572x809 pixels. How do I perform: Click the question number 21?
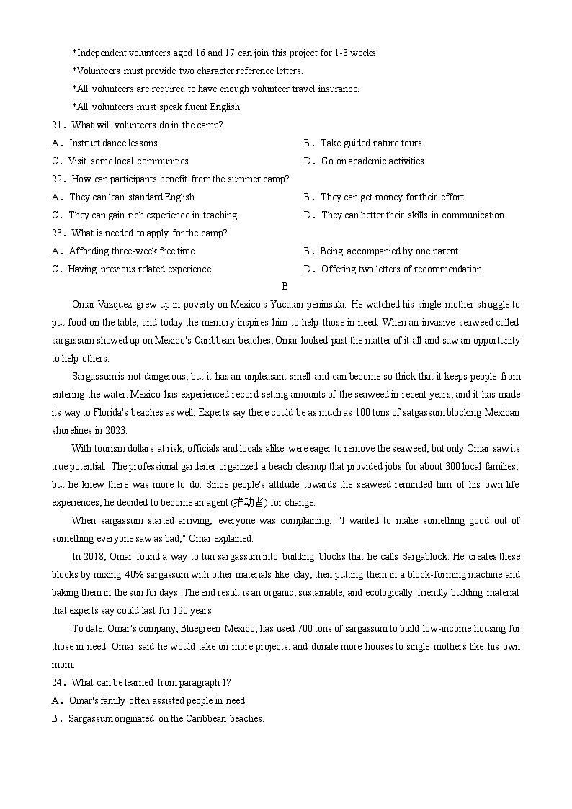click(57, 125)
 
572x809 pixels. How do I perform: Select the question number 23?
click(57, 233)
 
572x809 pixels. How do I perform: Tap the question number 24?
click(57, 683)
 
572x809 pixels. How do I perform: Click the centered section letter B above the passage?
click(285, 287)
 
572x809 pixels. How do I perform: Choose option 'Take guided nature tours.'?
click(372, 143)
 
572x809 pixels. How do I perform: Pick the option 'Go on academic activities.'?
click(373, 161)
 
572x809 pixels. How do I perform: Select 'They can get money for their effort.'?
click(393, 197)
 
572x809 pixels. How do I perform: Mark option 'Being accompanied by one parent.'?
click(390, 251)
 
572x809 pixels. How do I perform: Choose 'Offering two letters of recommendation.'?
click(402, 269)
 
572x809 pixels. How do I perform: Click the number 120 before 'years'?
click(166, 611)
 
